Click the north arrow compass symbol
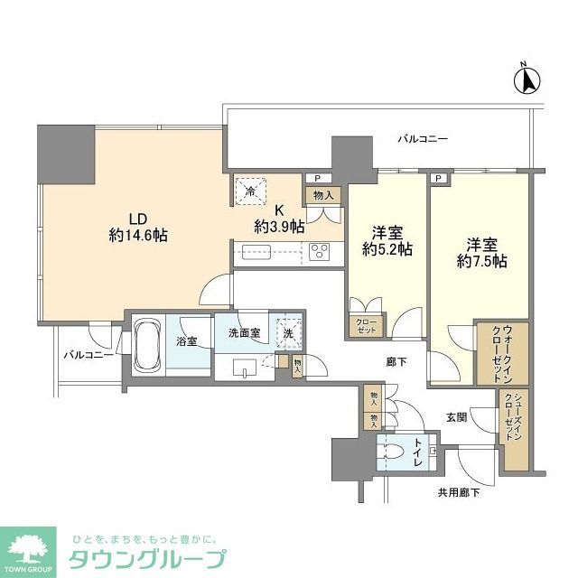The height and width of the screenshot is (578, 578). (x=527, y=80)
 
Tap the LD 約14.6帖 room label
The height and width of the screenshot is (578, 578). (x=136, y=227)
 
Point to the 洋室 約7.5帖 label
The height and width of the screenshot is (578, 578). (x=480, y=252)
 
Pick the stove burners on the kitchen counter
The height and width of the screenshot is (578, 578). (x=322, y=253)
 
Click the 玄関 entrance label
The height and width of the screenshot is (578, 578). (x=456, y=417)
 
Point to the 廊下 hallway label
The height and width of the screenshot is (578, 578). (x=396, y=361)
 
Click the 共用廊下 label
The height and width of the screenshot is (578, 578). (x=458, y=491)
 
